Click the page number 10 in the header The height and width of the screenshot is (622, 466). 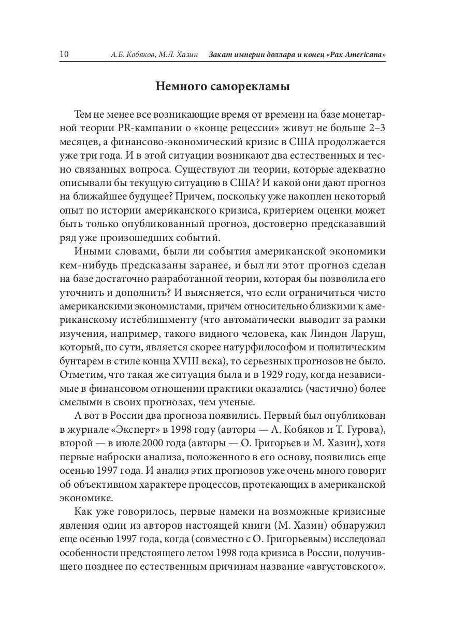[65, 54]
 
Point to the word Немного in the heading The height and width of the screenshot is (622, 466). [178, 87]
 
